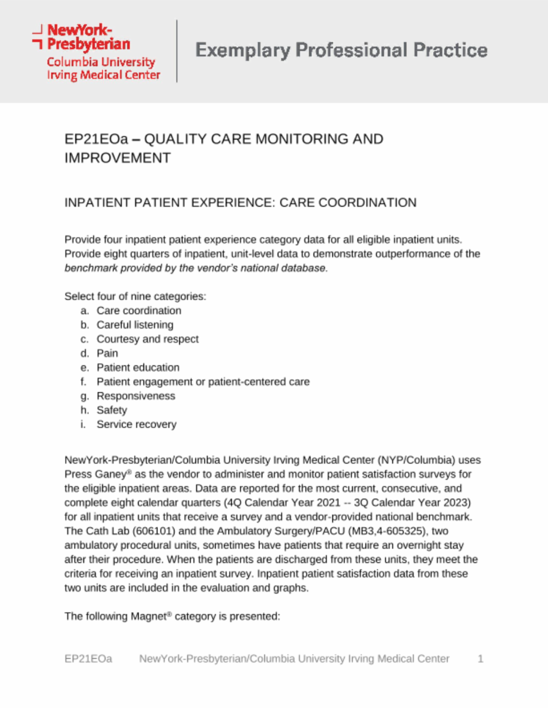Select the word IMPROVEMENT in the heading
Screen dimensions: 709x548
point(118,158)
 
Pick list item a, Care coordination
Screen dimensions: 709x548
point(139,311)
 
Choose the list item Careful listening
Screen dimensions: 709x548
point(135,325)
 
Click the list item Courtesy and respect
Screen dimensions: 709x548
point(147,339)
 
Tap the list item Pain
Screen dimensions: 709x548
point(107,353)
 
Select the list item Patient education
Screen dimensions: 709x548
point(138,368)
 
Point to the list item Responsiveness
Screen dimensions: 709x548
point(136,396)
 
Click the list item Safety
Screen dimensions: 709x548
point(112,410)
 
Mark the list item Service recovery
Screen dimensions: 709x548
point(136,424)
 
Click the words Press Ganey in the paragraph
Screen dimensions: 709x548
point(95,475)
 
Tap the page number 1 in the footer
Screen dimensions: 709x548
point(481,659)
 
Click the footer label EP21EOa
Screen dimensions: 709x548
point(88,659)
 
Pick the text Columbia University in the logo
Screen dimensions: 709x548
point(101,62)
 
